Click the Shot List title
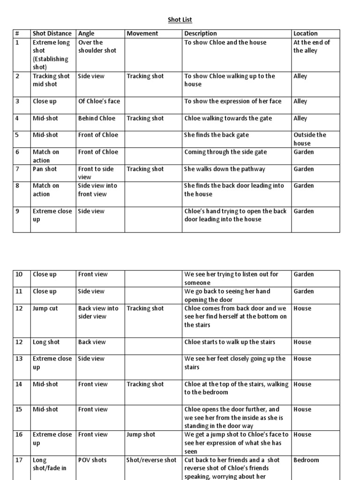tap(180, 20)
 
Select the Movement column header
tap(142, 33)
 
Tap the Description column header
tap(201, 33)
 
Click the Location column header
tap(305, 33)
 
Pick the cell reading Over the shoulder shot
tap(97, 46)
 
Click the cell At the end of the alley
tap(312, 46)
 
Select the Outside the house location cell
tap(309, 139)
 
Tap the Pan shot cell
tap(45, 169)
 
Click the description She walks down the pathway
tap(225, 169)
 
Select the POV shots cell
tap(92, 460)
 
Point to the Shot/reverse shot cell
tap(151, 460)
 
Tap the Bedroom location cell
tap(306, 460)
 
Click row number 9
tap(17, 211)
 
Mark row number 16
tap(19, 435)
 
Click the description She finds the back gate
tap(217, 135)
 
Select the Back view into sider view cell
tap(98, 312)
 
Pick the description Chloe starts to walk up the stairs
tap(230, 342)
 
